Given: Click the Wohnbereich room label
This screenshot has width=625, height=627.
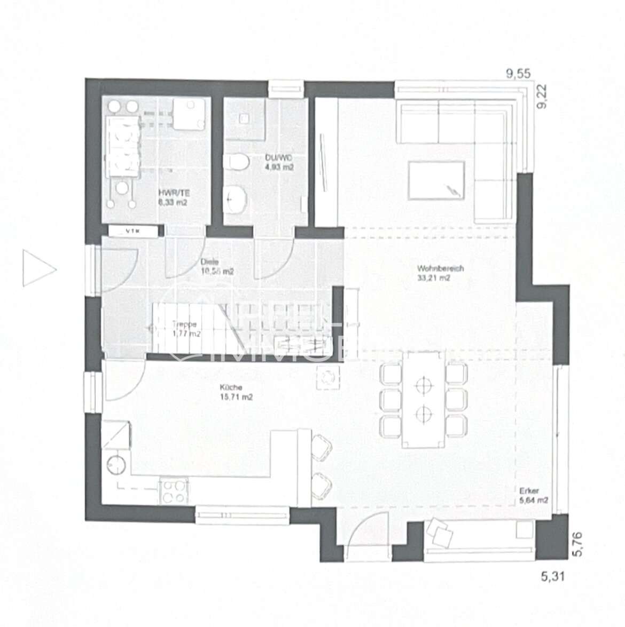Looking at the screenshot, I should (x=433, y=268).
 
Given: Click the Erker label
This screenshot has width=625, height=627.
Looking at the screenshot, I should (x=527, y=491).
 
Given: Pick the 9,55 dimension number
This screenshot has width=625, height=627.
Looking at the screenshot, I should (x=518, y=75).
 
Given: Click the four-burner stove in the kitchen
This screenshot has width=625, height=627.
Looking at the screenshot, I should (x=173, y=491).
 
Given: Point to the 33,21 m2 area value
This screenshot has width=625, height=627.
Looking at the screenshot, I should (x=433, y=277).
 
